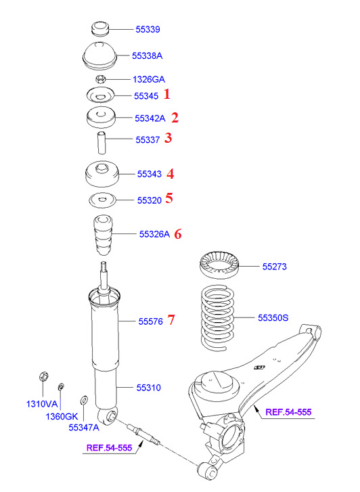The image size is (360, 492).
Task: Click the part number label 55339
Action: [x=148, y=29]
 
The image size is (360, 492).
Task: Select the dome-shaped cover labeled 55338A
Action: [x=99, y=56]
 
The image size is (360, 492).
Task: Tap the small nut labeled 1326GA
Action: [x=100, y=79]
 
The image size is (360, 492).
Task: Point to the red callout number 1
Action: [x=167, y=94]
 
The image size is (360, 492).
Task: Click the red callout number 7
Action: [x=171, y=319]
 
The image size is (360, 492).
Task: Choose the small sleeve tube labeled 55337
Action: [x=101, y=143]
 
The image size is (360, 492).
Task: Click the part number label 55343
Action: [x=150, y=174]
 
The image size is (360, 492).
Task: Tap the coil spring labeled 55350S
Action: [x=217, y=318]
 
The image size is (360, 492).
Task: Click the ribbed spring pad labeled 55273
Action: [x=219, y=264]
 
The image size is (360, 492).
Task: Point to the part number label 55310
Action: [x=148, y=388]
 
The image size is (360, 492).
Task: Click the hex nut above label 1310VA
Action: [x=43, y=376]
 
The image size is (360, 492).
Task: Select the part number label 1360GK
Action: [x=62, y=416]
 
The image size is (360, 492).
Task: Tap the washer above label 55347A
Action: [x=84, y=400]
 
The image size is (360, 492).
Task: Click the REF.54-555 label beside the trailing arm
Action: [x=288, y=412]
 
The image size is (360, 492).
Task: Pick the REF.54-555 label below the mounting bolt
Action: [x=109, y=448]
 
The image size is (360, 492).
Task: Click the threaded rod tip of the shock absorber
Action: [x=104, y=268]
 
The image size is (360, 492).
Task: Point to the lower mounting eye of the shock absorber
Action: [x=108, y=416]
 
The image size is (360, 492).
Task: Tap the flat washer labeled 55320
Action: [x=103, y=200]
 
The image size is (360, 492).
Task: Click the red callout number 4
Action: [x=170, y=174]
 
